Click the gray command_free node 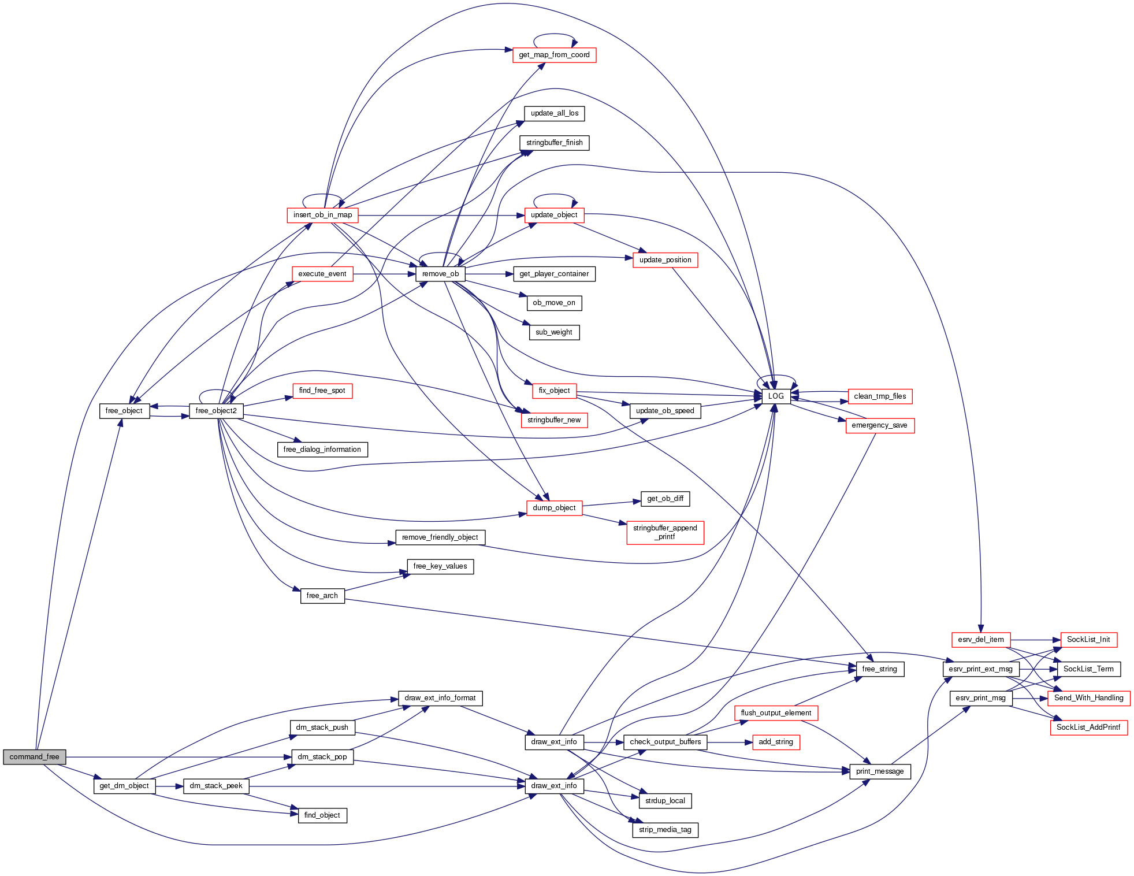pos(34,757)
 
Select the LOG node pos(776,396)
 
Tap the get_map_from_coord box pos(554,55)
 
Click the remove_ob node pos(440,274)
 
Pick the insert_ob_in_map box pos(322,215)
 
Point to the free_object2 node pos(216,411)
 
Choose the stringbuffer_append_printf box pos(665,532)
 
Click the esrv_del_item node pos(980,640)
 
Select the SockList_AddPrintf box pos(1088,727)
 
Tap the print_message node pos(880,771)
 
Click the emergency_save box pos(879,425)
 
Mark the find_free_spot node pos(322,391)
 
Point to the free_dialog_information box pos(322,450)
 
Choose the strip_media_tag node pos(665,830)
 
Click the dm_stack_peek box pos(216,786)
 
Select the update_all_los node pos(554,113)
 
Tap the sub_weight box pos(553,332)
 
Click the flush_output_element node pos(775,713)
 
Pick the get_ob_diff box pos(665,499)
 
